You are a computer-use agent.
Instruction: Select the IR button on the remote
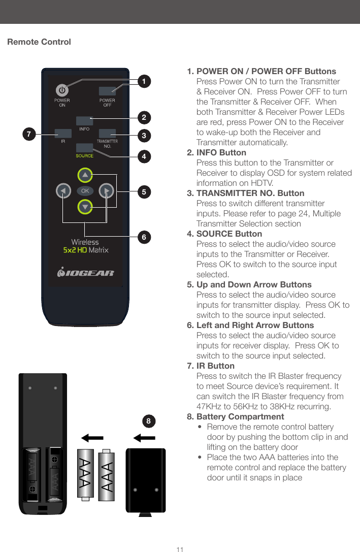click(63, 134)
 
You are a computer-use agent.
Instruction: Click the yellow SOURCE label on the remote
click(84, 156)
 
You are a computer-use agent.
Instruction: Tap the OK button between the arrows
click(85, 191)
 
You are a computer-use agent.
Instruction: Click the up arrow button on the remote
click(85, 175)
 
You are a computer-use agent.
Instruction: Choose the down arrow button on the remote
click(85, 207)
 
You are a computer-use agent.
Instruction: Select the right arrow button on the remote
click(106, 191)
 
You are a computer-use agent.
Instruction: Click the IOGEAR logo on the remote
click(85, 273)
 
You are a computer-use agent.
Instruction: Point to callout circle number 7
click(29, 135)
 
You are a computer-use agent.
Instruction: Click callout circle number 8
click(148, 421)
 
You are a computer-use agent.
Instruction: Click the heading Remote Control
click(39, 42)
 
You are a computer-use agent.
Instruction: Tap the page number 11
click(180, 549)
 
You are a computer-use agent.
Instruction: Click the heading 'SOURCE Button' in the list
click(229, 234)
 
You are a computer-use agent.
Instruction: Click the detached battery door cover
click(146, 480)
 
